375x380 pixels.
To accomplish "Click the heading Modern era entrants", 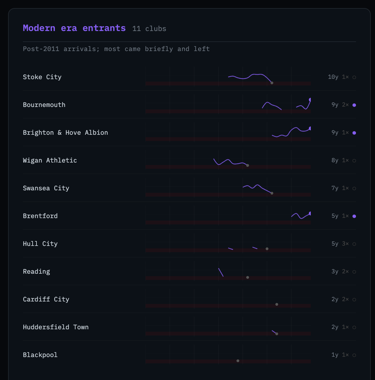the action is click(74, 28).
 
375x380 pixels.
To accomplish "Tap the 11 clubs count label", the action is click(149, 28).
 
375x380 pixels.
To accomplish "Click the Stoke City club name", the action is click(42, 77).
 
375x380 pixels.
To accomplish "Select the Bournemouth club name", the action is click(44, 105).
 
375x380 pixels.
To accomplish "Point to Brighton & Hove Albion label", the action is click(66, 132).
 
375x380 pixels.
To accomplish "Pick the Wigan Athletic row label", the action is click(50, 160).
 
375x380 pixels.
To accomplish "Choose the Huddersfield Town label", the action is click(56, 327).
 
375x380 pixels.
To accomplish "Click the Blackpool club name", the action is click(40, 355).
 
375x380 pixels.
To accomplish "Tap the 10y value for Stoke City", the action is click(333, 77).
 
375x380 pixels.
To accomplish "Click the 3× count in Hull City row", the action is click(345, 244).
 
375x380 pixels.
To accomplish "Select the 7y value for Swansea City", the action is click(335, 188).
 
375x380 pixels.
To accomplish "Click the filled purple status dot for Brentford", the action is click(354, 216).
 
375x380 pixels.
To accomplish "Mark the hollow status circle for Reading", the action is click(354, 272).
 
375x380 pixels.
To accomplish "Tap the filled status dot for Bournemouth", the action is click(354, 105).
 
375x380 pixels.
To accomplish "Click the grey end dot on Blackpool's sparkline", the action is click(238, 361).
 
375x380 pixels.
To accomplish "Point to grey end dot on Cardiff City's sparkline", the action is click(277, 304).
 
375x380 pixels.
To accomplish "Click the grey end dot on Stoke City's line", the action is click(272, 83).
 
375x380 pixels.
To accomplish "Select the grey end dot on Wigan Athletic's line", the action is click(248, 165).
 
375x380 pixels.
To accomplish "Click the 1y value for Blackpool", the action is click(335, 355).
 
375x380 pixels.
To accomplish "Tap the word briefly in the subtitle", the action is click(159, 49).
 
